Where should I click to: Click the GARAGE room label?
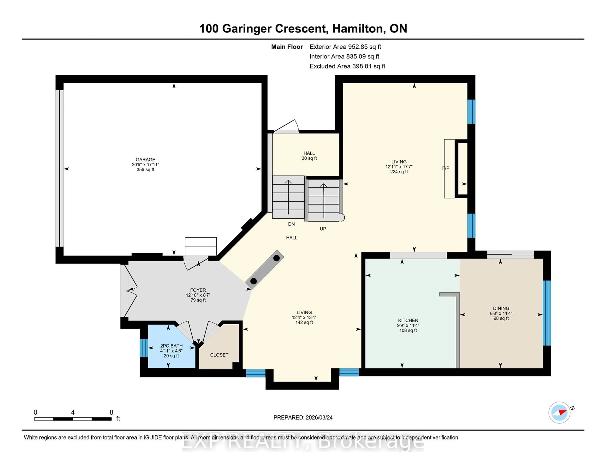145,160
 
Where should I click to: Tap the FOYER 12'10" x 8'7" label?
198,295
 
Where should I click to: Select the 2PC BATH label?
171,346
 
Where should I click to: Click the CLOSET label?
219,355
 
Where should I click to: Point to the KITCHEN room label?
408,320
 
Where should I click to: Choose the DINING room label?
501,308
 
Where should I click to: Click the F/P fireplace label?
446,168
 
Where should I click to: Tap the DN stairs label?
291,224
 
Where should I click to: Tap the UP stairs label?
323,229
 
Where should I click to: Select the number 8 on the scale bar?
111,412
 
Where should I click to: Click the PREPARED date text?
303,418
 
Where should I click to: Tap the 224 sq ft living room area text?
399,172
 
